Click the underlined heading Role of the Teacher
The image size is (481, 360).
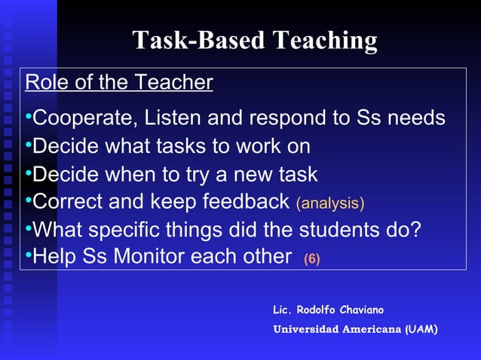pos(119,82)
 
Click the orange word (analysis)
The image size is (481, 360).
pos(330,203)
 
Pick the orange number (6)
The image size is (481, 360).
pos(311,259)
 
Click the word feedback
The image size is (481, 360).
pos(247,202)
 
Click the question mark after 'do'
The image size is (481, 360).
pos(415,229)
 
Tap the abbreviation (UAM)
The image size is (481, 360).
pos(421,330)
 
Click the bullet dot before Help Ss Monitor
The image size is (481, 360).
pos(28,256)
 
